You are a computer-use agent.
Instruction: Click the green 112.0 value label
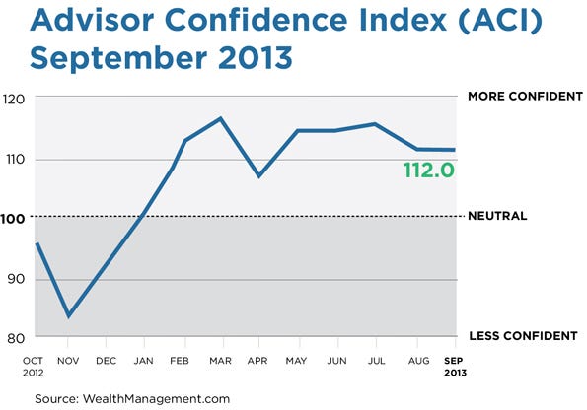coord(427,170)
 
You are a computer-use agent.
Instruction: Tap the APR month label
coord(257,361)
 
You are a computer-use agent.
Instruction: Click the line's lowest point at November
coord(69,316)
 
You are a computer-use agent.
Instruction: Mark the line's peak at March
coord(219,118)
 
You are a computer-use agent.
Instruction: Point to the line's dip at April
coord(258,175)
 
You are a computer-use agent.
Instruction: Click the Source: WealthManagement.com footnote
coord(132,397)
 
